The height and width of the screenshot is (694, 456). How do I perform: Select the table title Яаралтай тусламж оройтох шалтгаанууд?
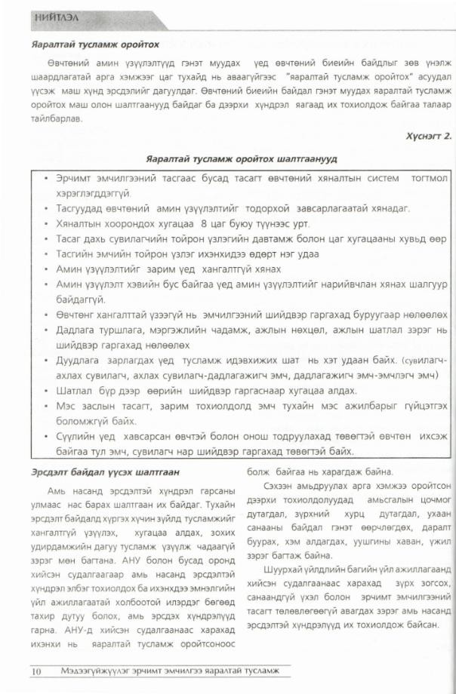pyautogui.click(x=230, y=159)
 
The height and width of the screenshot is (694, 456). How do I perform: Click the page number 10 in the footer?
pyautogui.click(x=35, y=670)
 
